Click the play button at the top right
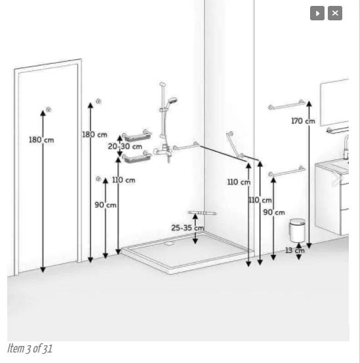click(x=317, y=13)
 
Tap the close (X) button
click(x=335, y=13)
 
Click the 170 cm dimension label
click(x=303, y=121)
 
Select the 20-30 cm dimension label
click(x=125, y=146)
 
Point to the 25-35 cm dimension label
click(x=187, y=228)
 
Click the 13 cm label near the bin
click(x=295, y=250)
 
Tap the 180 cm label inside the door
click(x=41, y=140)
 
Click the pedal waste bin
click(x=297, y=230)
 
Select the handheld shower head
click(x=172, y=100)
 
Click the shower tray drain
click(x=169, y=243)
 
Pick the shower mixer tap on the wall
click(x=163, y=151)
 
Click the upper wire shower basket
click(x=137, y=136)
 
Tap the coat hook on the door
click(x=49, y=110)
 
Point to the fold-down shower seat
click(x=202, y=213)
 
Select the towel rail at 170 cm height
click(x=286, y=105)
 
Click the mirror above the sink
click(x=334, y=102)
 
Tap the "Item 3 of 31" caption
click(x=30, y=349)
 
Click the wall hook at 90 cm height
click(x=99, y=179)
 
